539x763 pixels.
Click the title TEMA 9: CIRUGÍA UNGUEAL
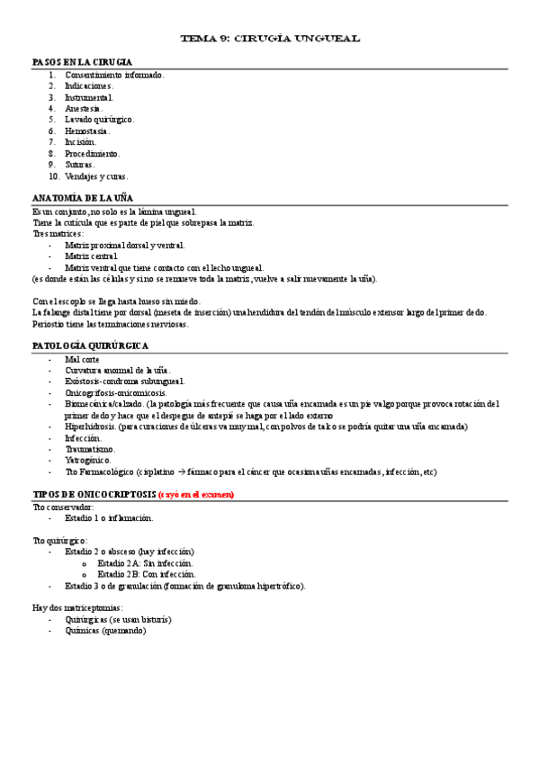click(x=270, y=39)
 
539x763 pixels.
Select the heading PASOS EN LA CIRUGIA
click(x=83, y=62)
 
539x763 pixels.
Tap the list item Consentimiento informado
click(x=114, y=75)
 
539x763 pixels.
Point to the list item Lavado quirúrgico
click(x=99, y=119)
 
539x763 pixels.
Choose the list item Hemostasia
click(x=86, y=130)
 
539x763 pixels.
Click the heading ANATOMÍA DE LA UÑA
click(x=83, y=197)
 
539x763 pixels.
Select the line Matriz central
click(x=91, y=256)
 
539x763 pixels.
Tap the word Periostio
click(x=49, y=324)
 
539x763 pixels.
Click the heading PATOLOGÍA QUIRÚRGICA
click(x=91, y=346)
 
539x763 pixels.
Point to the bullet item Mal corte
click(x=82, y=359)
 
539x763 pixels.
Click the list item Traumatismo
click(x=89, y=449)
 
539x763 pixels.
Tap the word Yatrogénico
click(x=88, y=460)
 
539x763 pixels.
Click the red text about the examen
click(x=196, y=494)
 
